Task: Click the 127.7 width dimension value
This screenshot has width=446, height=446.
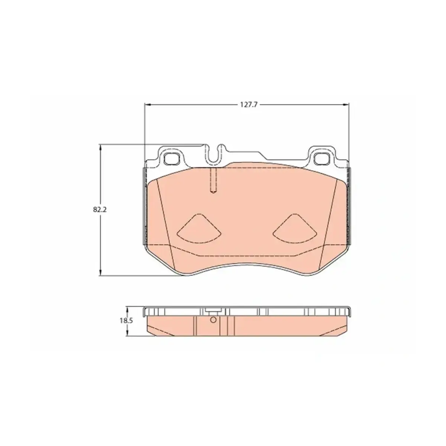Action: point(249,105)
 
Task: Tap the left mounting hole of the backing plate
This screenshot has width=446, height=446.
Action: point(171,159)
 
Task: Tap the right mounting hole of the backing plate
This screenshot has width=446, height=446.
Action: point(321,159)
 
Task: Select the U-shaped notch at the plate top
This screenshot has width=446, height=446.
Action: point(213,154)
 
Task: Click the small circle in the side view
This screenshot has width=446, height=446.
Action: point(213,320)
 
